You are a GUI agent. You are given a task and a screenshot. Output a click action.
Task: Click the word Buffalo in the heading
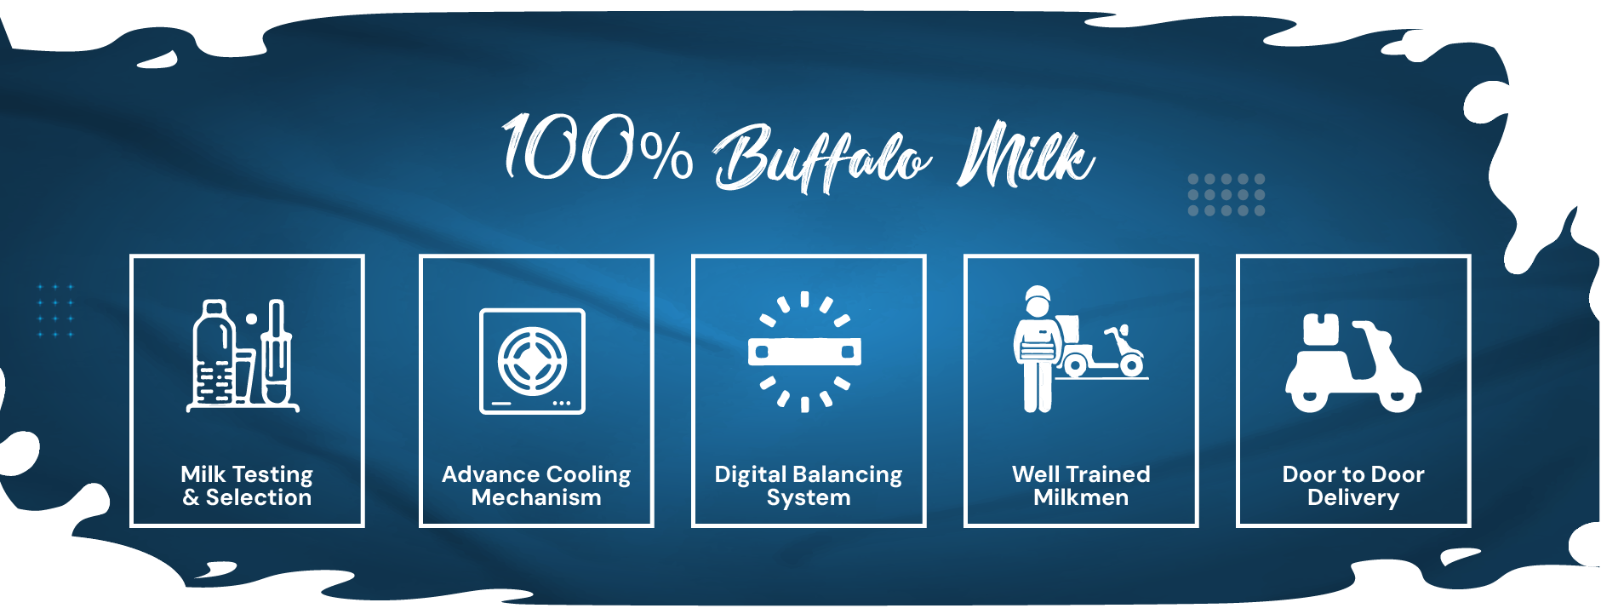pyautogui.click(x=822, y=158)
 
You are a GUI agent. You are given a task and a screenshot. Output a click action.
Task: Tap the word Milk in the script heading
pyautogui.click(x=1026, y=155)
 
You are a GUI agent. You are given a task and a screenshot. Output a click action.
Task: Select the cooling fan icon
pyautogui.click(x=532, y=361)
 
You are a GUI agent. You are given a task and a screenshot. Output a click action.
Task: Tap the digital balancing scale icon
pyautogui.click(x=804, y=351)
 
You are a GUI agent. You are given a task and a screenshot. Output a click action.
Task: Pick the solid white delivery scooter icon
pyautogui.click(x=1352, y=364)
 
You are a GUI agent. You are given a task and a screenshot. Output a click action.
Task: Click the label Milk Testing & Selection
pyautogui.click(x=247, y=485)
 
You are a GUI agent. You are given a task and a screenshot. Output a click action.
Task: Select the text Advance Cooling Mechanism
pyautogui.click(x=536, y=485)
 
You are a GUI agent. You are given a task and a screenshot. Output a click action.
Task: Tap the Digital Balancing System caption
pyautogui.click(x=809, y=485)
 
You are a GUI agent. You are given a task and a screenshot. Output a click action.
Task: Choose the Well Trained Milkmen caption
pyautogui.click(x=1081, y=485)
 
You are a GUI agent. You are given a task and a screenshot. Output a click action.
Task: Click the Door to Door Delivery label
pyautogui.click(x=1353, y=485)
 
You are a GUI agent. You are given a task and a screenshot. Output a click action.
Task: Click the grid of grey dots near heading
pyautogui.click(x=1226, y=195)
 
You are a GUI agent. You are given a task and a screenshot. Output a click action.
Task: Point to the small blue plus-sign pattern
pyautogui.click(x=55, y=311)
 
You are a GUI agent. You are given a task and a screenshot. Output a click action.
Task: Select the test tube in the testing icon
pyautogui.click(x=275, y=351)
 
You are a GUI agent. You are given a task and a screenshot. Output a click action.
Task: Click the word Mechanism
pyautogui.click(x=536, y=497)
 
